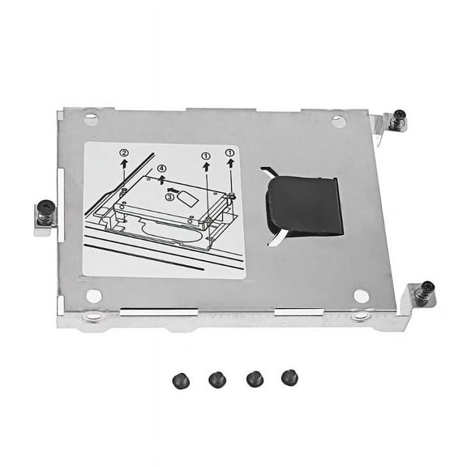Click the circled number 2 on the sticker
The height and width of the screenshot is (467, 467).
coord(123,152)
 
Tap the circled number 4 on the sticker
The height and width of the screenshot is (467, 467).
coord(162,169)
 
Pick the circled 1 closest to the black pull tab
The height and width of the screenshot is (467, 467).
coord(231,152)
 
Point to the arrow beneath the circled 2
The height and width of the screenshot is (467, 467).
coord(123,165)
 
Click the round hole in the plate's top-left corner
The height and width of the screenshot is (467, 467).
coord(91,119)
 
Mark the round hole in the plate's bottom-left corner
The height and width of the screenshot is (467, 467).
coord(94,296)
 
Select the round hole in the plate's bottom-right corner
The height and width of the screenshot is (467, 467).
coord(361,296)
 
